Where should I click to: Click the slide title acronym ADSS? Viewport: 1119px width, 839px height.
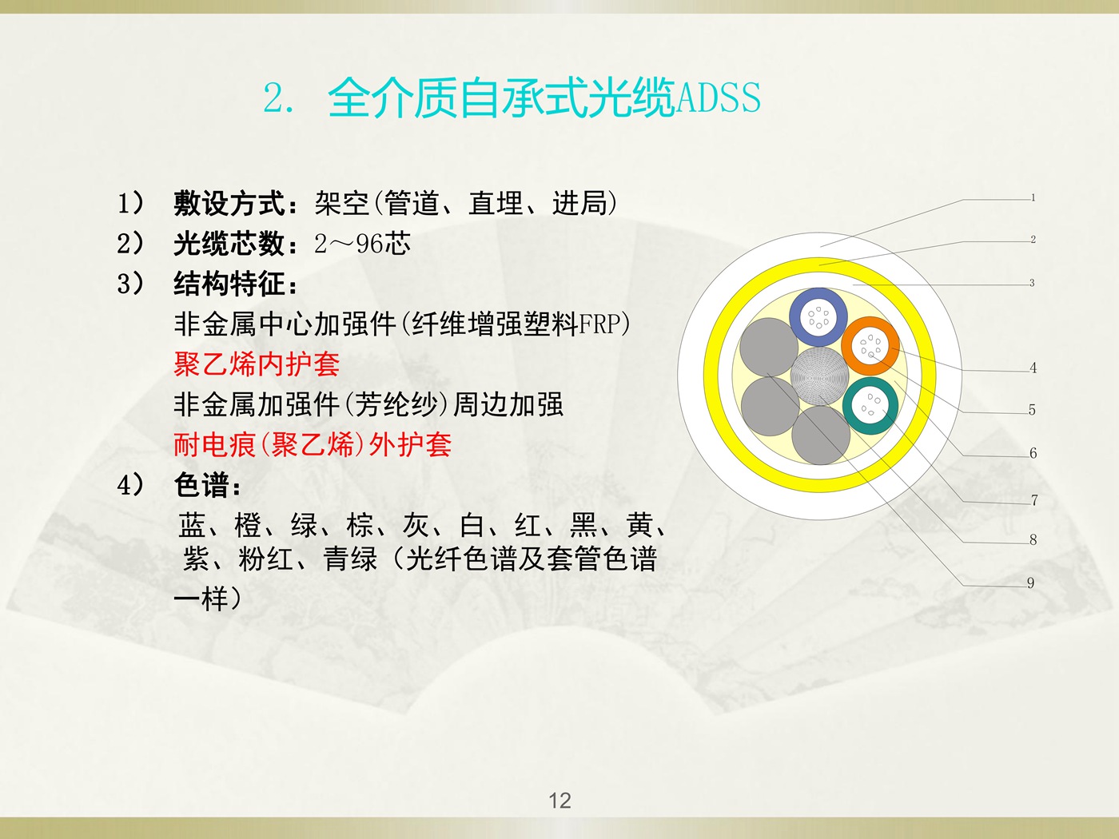(x=719, y=97)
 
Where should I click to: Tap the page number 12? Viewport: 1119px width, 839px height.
(x=559, y=801)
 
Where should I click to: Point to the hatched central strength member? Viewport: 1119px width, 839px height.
(x=819, y=376)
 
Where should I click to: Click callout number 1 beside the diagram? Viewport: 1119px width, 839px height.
(x=1033, y=197)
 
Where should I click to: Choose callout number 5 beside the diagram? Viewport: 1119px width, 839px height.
(x=1032, y=410)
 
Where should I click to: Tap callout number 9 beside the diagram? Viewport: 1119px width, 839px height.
(x=1030, y=583)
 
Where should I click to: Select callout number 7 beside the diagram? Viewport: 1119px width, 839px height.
(x=1033, y=500)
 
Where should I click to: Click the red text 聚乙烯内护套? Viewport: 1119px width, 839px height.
(x=257, y=364)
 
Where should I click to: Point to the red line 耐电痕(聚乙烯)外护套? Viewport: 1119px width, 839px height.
(x=313, y=445)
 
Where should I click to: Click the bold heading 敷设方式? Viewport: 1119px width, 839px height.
(x=229, y=203)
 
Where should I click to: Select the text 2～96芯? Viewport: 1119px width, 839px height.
(x=362, y=244)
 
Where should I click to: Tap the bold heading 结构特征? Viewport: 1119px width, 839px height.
(x=229, y=284)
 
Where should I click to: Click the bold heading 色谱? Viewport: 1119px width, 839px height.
(x=201, y=484)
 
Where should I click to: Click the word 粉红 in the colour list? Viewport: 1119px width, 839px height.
(x=265, y=559)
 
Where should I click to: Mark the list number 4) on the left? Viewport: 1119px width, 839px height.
(x=131, y=484)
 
